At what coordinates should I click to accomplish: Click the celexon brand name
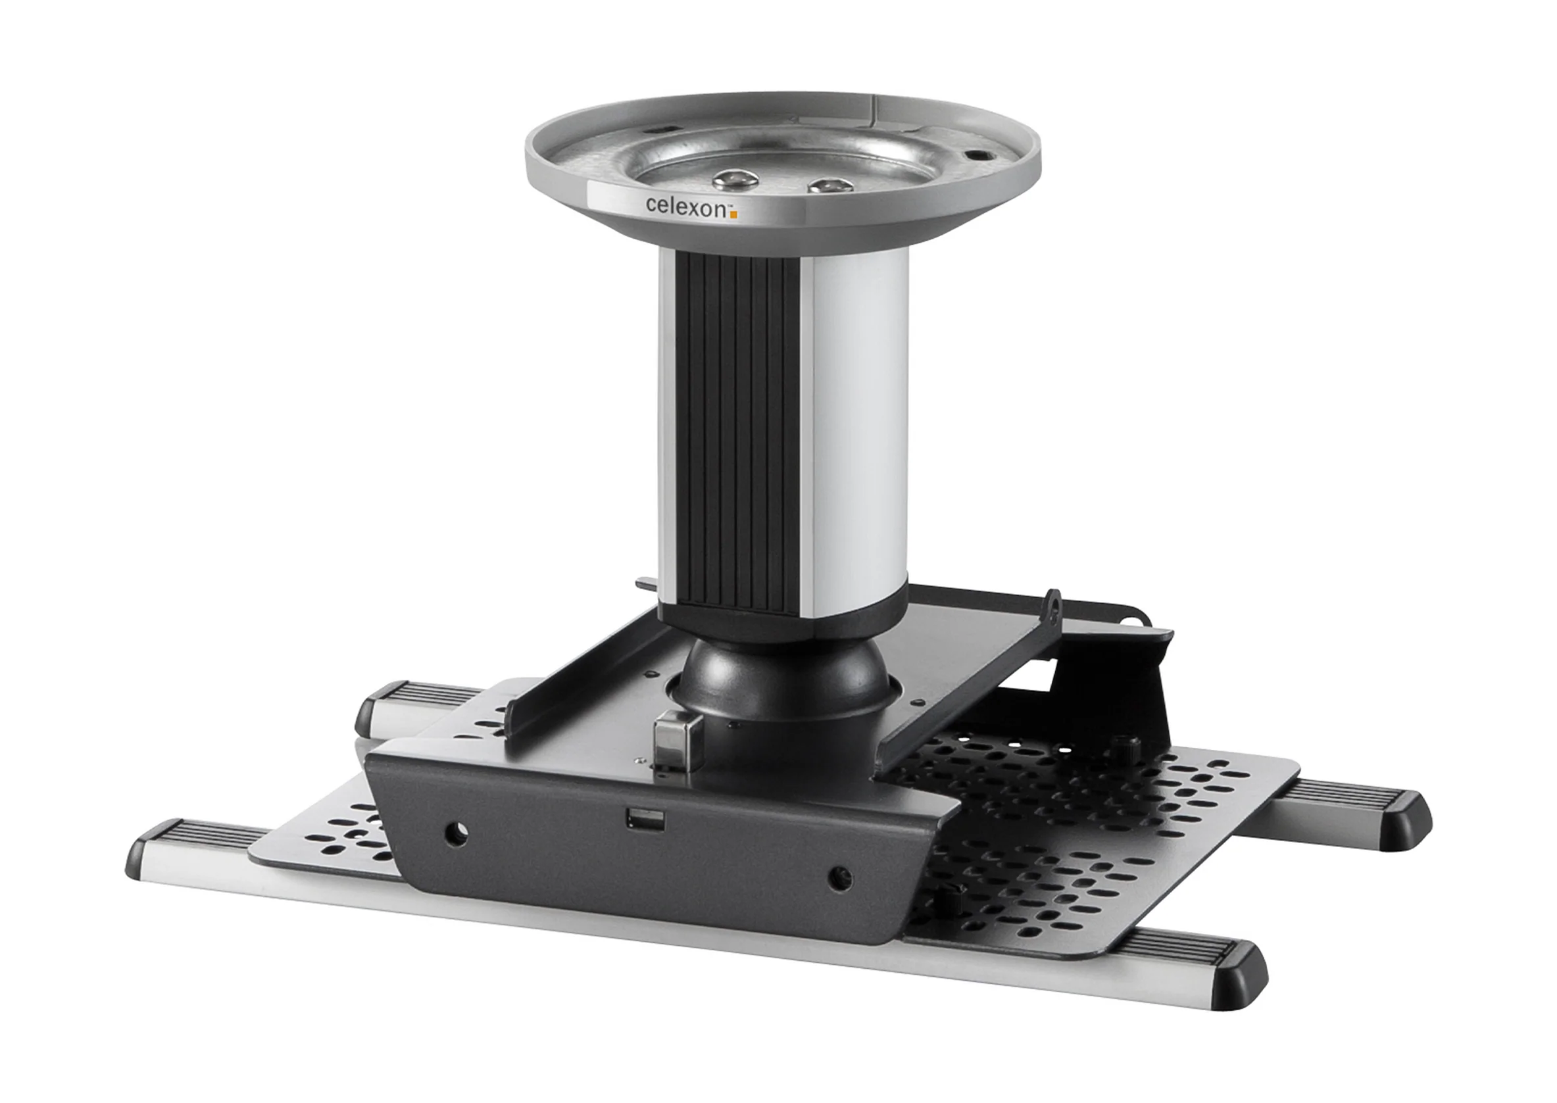pos(686,206)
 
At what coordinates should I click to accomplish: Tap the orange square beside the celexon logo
pos(733,215)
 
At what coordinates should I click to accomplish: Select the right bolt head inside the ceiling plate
pos(831,185)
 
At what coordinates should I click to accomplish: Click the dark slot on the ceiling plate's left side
pos(658,129)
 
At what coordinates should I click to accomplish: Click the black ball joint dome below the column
pos(785,679)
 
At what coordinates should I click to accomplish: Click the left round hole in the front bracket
pos(456,834)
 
